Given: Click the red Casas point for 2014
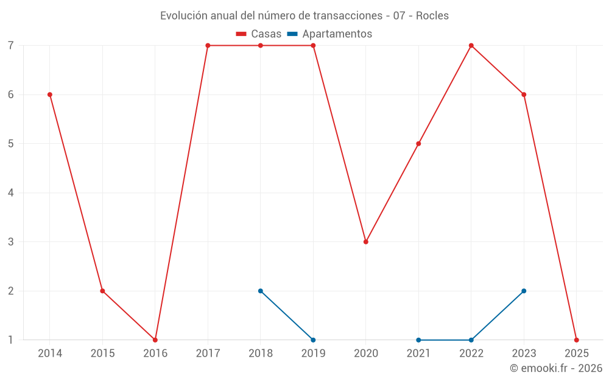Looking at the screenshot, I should coord(50,94).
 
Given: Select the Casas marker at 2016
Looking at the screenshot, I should coord(155,340).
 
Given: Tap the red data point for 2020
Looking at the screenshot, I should coord(366,242).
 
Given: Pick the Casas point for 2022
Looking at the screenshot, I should coord(471,46).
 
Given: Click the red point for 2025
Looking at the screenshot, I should coord(576,340).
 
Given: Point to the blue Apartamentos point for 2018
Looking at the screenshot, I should coord(261,291).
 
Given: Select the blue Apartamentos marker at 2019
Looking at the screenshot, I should coord(313,340).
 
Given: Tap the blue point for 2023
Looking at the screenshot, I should coord(524,291).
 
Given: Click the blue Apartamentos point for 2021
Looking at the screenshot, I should coord(418,340).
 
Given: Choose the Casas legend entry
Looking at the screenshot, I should coord(259,34).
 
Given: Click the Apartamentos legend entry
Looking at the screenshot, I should coord(330,34).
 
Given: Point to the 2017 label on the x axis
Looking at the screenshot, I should coord(208,353).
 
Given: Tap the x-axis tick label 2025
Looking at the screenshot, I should coord(576,353).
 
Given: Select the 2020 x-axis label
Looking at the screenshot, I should coord(366,353).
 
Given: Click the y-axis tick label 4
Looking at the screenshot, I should coord(11,193).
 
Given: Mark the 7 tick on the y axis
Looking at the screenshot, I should coord(11,46).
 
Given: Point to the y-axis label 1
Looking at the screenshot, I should coord(11,340).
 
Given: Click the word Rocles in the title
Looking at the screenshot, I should coord(432,16).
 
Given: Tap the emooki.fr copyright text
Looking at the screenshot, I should coord(556,368).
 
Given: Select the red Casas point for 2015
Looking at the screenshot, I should coord(102,291).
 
